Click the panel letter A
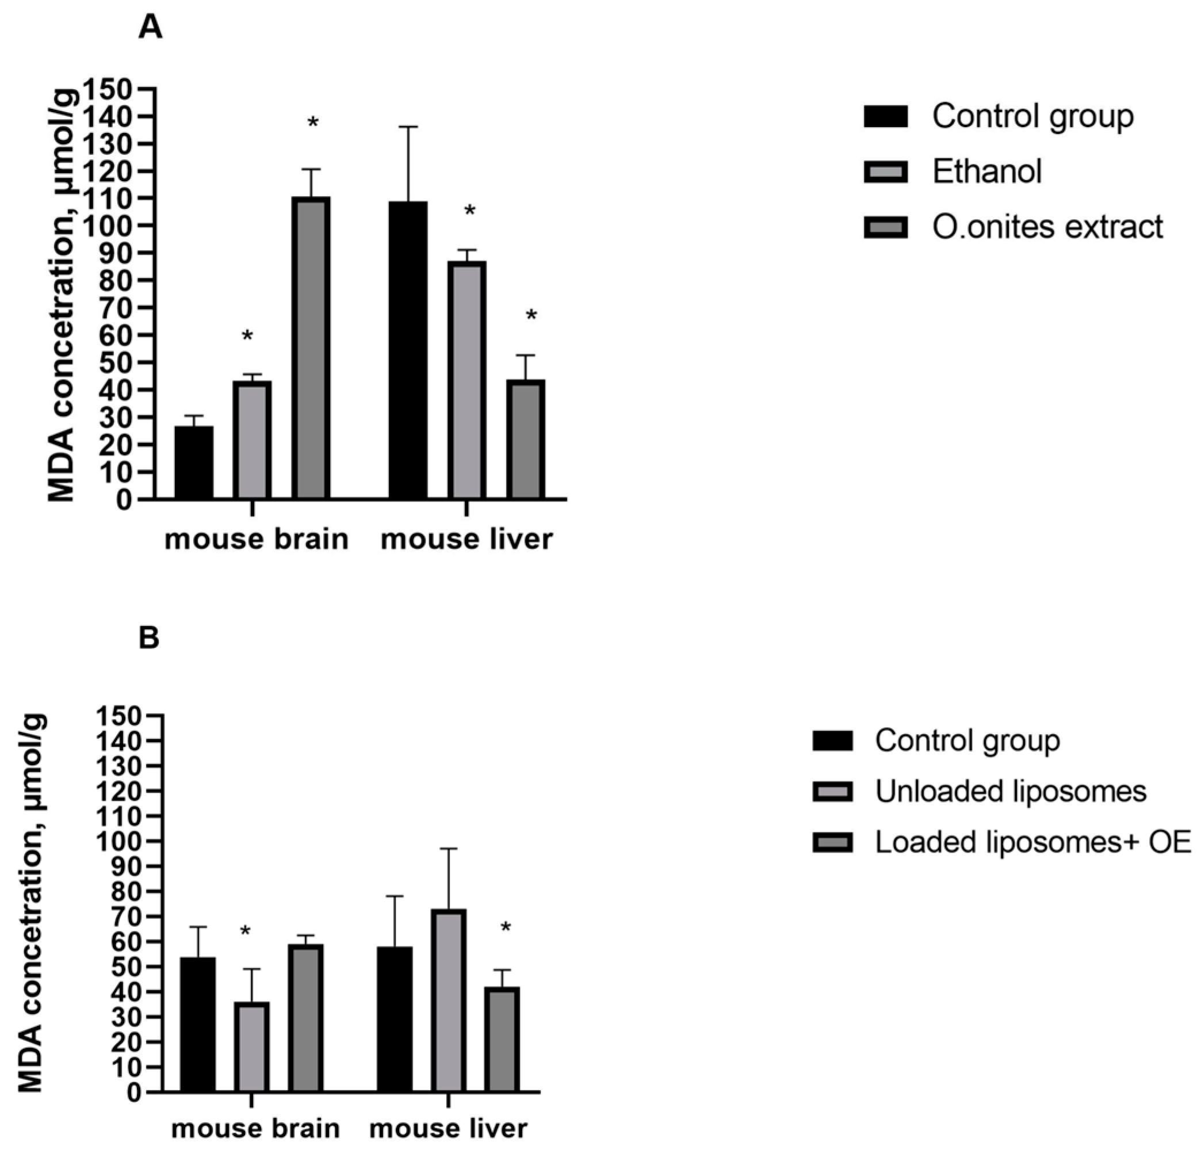pos(150,28)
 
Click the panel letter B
pos(149,638)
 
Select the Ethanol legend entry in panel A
pos(986,171)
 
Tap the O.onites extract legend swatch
pos(885,227)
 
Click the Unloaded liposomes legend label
pos(1011,791)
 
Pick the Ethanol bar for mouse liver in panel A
pos(466,380)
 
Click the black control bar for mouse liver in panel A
pos(408,349)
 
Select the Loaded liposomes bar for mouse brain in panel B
pos(305,1018)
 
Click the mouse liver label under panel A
pos(466,540)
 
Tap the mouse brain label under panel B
pos(255,1128)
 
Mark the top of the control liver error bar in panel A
pos(408,127)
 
